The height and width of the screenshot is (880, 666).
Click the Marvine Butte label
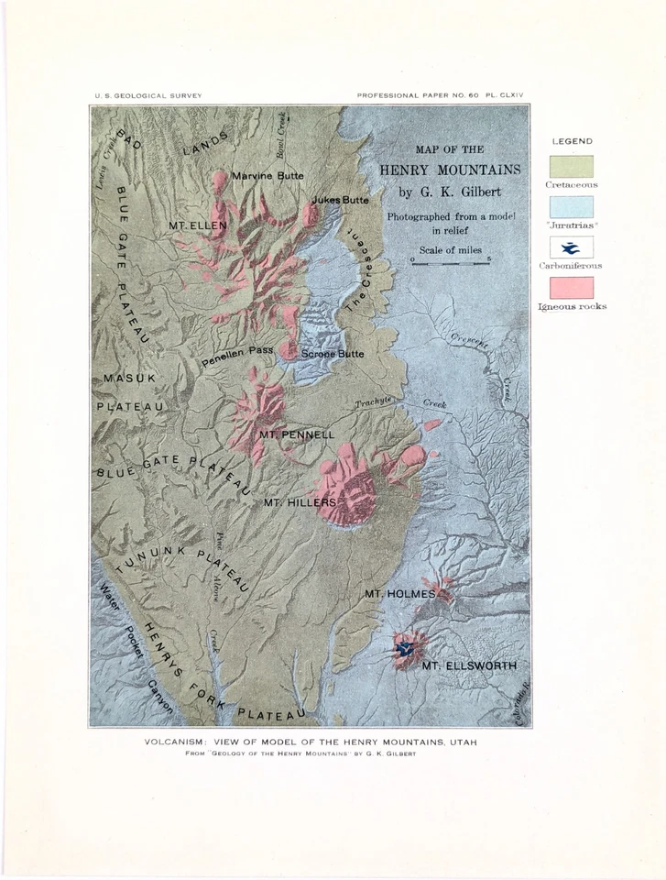[267, 175]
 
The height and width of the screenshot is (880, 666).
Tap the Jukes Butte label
[340, 200]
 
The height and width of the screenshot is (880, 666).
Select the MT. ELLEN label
[198, 225]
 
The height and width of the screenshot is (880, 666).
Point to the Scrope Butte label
[333, 354]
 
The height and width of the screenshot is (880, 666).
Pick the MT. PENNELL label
[297, 434]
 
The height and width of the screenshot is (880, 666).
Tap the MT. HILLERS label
[300, 502]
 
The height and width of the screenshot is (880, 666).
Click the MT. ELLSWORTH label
[469, 665]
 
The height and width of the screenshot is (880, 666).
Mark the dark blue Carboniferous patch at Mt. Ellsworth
[402, 647]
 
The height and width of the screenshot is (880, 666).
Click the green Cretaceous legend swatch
[571, 167]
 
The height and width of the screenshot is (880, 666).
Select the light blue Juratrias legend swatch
[571, 207]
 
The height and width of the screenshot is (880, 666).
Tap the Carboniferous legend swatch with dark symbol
[571, 247]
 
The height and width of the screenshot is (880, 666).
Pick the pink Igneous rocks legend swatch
[571, 288]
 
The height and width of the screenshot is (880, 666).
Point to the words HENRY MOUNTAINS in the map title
[450, 170]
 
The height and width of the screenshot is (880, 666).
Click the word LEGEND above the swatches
[572, 141]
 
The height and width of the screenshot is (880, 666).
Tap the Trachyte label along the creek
[374, 401]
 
